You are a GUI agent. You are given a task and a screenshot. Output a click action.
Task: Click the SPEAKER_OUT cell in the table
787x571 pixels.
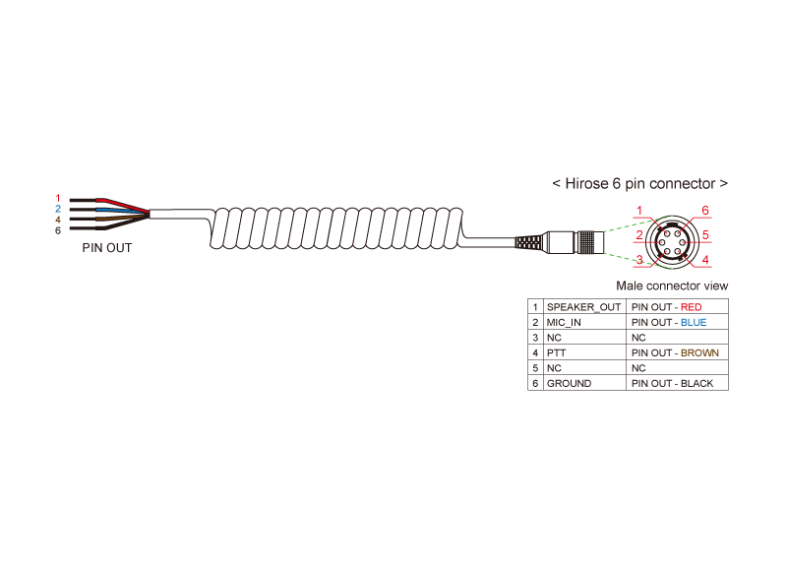pyautogui.click(x=584, y=307)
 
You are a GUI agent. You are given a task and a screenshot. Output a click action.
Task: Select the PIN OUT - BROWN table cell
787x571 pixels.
pyautogui.click(x=675, y=352)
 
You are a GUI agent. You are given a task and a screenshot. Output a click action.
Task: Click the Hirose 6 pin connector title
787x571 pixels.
pyautogui.click(x=640, y=184)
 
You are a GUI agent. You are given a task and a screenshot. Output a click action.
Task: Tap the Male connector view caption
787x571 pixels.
pyautogui.click(x=672, y=285)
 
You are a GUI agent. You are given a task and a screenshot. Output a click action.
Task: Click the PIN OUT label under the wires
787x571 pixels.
pyautogui.click(x=107, y=248)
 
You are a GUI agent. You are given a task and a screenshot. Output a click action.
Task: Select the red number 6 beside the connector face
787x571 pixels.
pyautogui.click(x=705, y=211)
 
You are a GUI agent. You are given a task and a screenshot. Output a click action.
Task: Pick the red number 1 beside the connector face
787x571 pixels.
pyautogui.click(x=639, y=212)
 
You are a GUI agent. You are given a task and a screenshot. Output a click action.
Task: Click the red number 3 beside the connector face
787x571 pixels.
pyautogui.click(x=639, y=260)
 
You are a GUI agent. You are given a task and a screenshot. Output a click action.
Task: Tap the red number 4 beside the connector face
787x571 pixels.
pyautogui.click(x=705, y=260)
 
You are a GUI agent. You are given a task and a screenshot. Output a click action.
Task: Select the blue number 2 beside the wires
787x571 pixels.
pyautogui.click(x=58, y=209)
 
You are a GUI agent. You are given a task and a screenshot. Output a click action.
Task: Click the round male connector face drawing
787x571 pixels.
pyautogui.click(x=673, y=235)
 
